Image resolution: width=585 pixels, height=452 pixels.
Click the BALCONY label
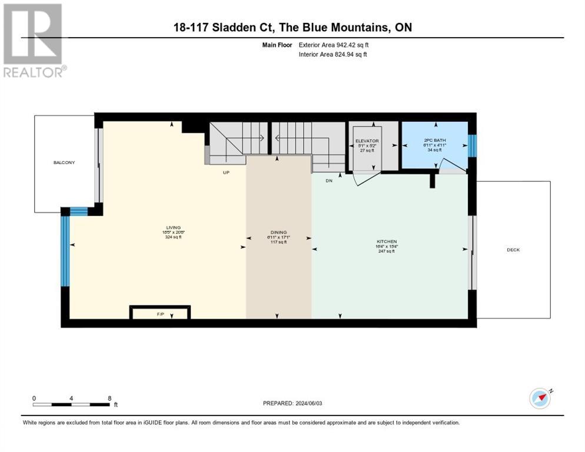pyautogui.click(x=65, y=162)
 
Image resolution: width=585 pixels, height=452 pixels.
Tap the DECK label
pyautogui.click(x=513, y=250)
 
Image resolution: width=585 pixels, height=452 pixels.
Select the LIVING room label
pyautogui.click(x=173, y=227)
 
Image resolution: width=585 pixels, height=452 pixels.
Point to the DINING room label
pyautogui.click(x=278, y=232)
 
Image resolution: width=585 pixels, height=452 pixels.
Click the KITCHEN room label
pyautogui.click(x=387, y=241)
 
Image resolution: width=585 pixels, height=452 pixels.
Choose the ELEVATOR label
pyautogui.click(x=367, y=141)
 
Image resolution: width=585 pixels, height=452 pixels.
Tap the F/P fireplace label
pyautogui.click(x=159, y=314)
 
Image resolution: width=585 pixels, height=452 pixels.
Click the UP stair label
pyautogui.click(x=225, y=172)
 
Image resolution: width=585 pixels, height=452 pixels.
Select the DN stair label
pyautogui.click(x=329, y=181)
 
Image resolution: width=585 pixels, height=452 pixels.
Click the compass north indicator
pyautogui.click(x=540, y=398)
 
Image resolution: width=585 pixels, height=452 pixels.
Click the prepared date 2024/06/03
pyautogui.click(x=293, y=403)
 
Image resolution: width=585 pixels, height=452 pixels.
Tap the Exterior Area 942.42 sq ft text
pyautogui.click(x=334, y=45)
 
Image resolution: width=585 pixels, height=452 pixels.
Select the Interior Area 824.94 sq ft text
pyautogui.click(x=334, y=55)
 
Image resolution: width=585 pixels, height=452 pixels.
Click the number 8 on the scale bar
pyautogui.click(x=110, y=398)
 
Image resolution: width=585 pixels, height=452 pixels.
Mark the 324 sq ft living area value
pyautogui.click(x=173, y=238)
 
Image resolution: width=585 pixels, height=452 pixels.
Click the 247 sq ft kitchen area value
pyautogui.click(x=387, y=251)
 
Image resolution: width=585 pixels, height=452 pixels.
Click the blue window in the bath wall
pyautogui.click(x=471, y=146)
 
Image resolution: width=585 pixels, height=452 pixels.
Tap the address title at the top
pyautogui.click(x=292, y=27)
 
